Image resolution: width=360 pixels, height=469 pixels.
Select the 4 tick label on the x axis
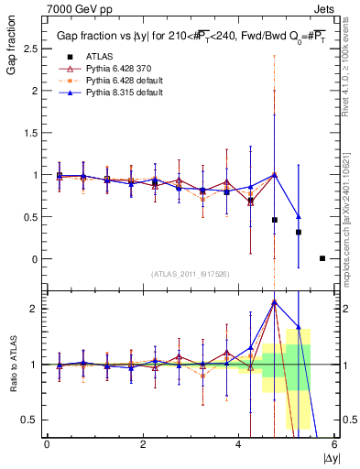pos(238,444)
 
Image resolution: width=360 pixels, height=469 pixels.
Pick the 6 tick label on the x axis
pos(333,444)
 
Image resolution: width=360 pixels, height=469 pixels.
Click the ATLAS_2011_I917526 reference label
pos(191,274)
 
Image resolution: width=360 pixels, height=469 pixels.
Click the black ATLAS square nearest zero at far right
pos(322,258)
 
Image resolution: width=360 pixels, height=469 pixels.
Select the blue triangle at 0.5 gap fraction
pos(298,217)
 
